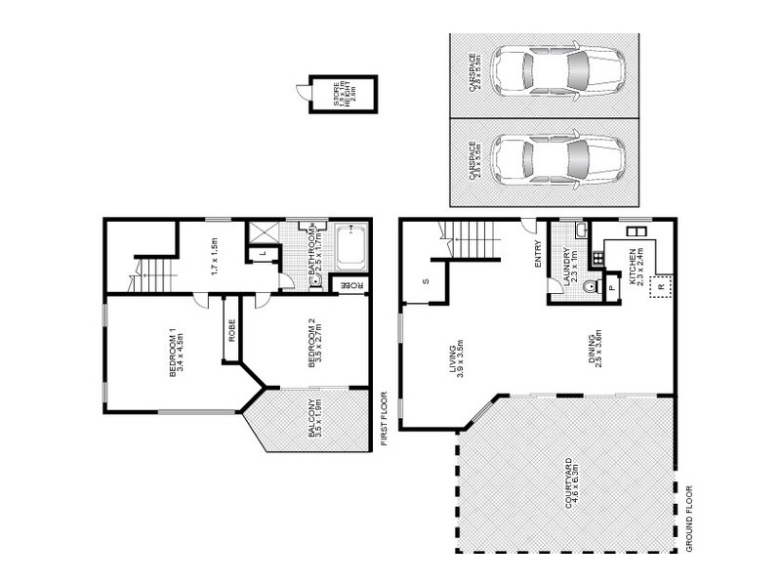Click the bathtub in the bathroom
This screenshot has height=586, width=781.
point(350,247)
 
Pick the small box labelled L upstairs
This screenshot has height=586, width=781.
point(261,254)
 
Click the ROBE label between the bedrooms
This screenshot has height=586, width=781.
point(232,331)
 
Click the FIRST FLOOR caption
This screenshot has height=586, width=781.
point(385,420)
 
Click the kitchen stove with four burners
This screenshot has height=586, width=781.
point(596,261)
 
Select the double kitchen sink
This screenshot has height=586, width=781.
point(637,232)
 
